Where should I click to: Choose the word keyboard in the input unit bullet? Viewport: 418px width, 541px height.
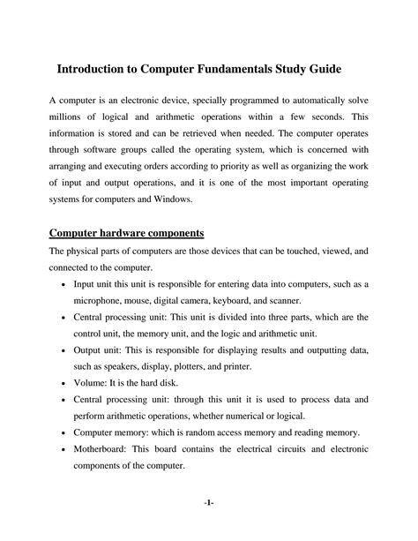[x=253, y=304]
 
